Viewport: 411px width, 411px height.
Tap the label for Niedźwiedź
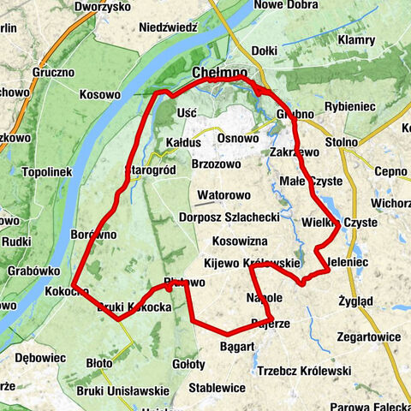168,27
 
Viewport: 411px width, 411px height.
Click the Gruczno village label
55,73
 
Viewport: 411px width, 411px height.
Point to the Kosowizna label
241,241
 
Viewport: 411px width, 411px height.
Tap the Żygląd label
354,301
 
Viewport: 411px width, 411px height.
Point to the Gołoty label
188,364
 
